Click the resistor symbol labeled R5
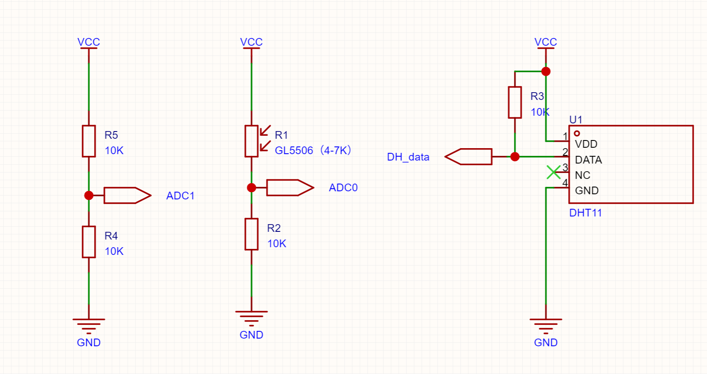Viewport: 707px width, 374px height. pyautogui.click(x=89, y=141)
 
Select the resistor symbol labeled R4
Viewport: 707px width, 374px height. pyautogui.click(x=89, y=242)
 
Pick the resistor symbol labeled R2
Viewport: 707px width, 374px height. pyautogui.click(x=251, y=234)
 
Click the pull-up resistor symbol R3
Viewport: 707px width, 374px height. pyautogui.click(x=515, y=102)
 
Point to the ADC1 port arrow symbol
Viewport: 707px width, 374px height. pyautogui.click(x=128, y=196)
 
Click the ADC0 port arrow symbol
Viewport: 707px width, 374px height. pyautogui.click(x=290, y=188)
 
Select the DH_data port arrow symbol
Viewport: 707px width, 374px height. pyautogui.click(x=468, y=157)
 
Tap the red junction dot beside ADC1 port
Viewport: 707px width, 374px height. pyautogui.click(x=89, y=196)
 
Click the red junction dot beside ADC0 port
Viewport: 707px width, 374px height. pyautogui.click(x=251, y=188)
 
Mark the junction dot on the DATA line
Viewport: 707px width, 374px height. pyautogui.click(x=515, y=157)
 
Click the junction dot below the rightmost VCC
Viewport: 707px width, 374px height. pyautogui.click(x=546, y=71)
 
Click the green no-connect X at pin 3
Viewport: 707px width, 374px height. pyautogui.click(x=554, y=172)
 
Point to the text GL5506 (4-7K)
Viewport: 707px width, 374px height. pyautogui.click(x=313, y=150)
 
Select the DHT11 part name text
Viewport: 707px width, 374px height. pyautogui.click(x=585, y=213)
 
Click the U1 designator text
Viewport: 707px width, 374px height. pyautogui.click(x=576, y=120)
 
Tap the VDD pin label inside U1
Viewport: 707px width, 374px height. pyautogui.click(x=586, y=144)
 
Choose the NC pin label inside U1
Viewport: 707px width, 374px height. pyautogui.click(x=583, y=175)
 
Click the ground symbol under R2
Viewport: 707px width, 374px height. pyautogui.click(x=251, y=318)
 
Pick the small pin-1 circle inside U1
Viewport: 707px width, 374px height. pyautogui.click(x=577, y=133)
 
